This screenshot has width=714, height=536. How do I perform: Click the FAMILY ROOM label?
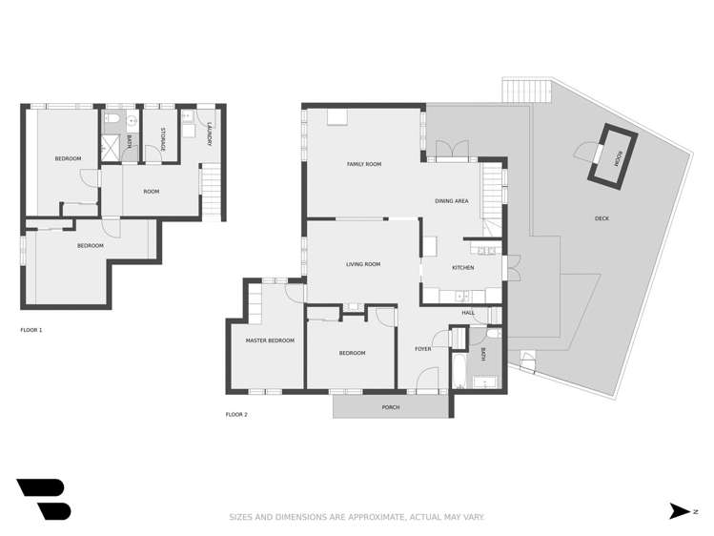[x=363, y=165]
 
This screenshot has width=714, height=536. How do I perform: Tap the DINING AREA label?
[x=451, y=201]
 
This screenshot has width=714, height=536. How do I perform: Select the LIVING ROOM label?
[x=362, y=264]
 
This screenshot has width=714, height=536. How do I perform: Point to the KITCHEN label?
[x=462, y=267]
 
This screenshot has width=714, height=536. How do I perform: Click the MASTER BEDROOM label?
[x=270, y=340]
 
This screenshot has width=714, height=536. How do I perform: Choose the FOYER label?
[x=422, y=349]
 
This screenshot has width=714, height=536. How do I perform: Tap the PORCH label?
[x=391, y=407]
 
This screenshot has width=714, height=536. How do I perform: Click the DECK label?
[x=602, y=218]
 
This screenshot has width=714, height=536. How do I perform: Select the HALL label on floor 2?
[x=468, y=313]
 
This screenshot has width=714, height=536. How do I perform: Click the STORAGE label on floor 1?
[x=163, y=139]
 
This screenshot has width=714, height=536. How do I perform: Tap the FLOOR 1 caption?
[x=31, y=330]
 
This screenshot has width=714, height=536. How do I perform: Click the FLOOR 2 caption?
[x=236, y=415]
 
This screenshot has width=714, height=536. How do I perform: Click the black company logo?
[x=43, y=499]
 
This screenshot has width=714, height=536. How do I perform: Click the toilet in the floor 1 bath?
[x=112, y=119]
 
